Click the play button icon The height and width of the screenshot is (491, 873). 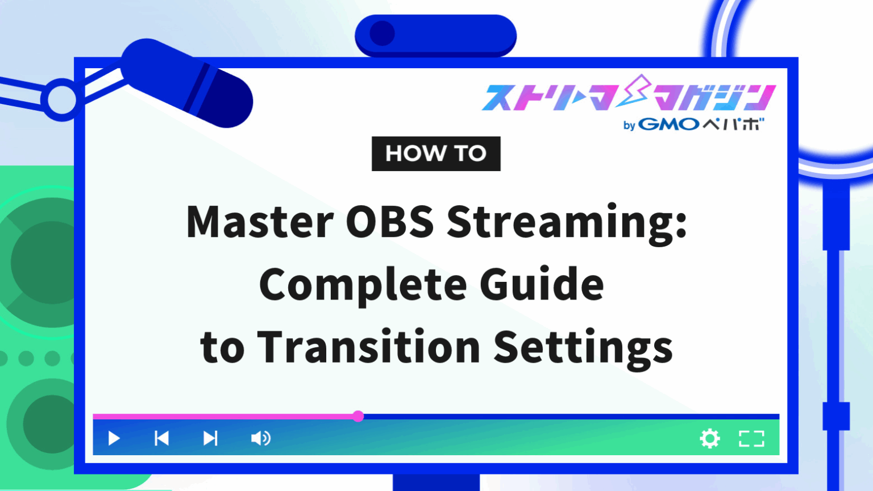pos(114,438)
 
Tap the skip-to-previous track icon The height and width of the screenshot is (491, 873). pos(162,438)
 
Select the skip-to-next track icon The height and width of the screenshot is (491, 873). pos(210,438)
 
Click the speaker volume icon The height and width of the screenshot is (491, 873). pos(261,438)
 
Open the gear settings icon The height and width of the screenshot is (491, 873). pos(710,438)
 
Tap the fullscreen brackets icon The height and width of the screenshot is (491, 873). pos(751,438)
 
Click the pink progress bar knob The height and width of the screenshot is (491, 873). pos(358,416)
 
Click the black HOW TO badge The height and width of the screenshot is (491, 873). pos(436,153)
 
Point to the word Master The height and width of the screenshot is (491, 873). pos(260,222)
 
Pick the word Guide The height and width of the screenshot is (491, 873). pos(542,284)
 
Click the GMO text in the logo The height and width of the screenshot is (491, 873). pos(668,124)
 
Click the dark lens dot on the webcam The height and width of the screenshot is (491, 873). pos(383,34)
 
